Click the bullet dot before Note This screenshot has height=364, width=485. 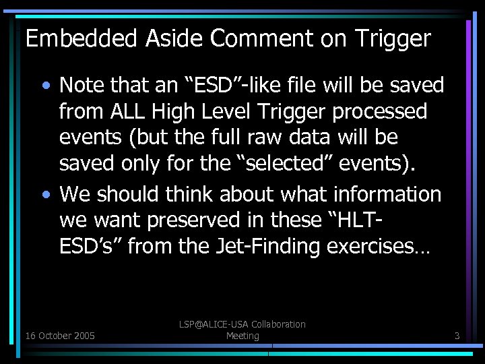click(46, 86)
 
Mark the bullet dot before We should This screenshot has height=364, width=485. click(46, 195)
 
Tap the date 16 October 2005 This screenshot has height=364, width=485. click(60, 335)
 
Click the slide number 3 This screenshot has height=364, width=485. click(457, 335)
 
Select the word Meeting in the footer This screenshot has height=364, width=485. click(243, 336)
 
